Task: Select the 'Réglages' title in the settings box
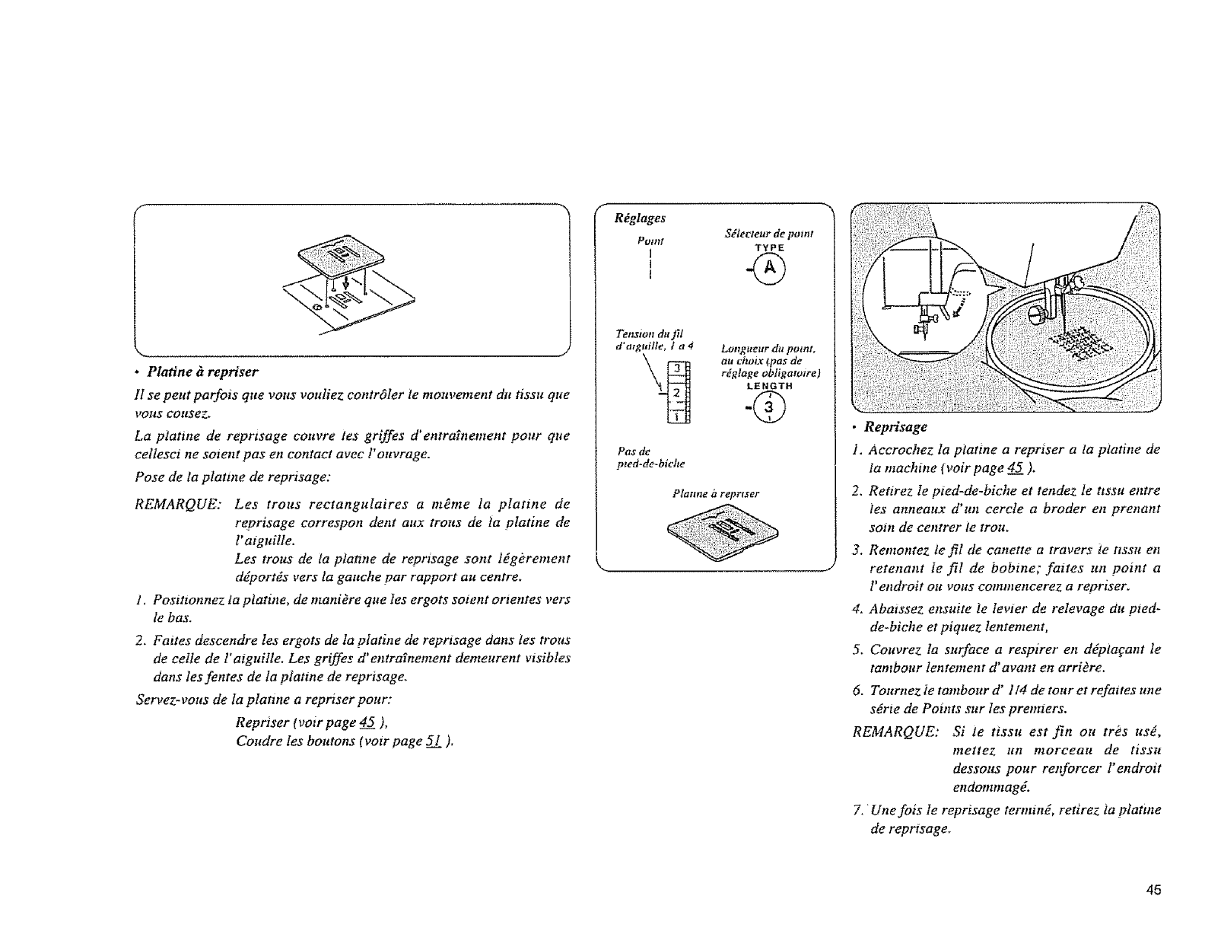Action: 639,218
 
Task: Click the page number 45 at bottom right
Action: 1154,891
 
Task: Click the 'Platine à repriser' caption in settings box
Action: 716,494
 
